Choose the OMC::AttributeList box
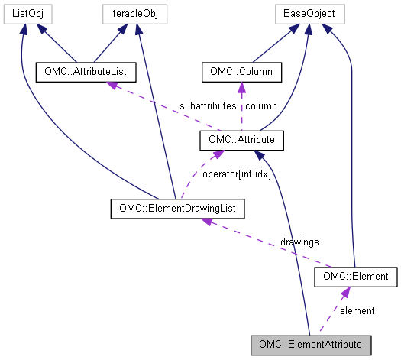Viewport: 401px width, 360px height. point(86,73)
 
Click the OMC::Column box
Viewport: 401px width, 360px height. point(241,73)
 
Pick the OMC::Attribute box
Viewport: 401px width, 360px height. point(241,140)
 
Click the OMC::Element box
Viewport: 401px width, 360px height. point(357,276)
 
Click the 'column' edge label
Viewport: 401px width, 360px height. point(260,105)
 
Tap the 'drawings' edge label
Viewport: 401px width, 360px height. point(299,241)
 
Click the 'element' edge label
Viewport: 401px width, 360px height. point(357,310)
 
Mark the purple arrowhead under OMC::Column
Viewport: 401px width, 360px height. point(241,86)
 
